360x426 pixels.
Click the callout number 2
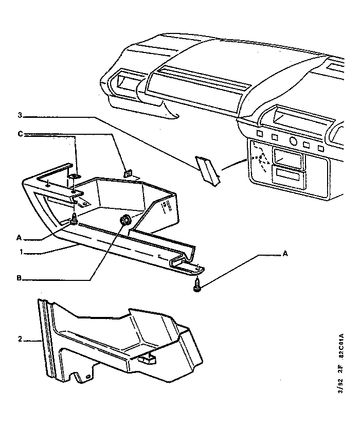pos(20,339)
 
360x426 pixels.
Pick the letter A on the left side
pos(19,238)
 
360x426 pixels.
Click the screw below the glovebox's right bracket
pos(197,285)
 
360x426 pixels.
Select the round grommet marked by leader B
pos(124,221)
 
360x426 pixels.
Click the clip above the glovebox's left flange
pos(74,178)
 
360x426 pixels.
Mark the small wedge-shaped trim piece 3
pos(208,170)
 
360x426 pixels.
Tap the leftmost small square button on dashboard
pos(259,136)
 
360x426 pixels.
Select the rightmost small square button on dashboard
pos(321,148)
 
